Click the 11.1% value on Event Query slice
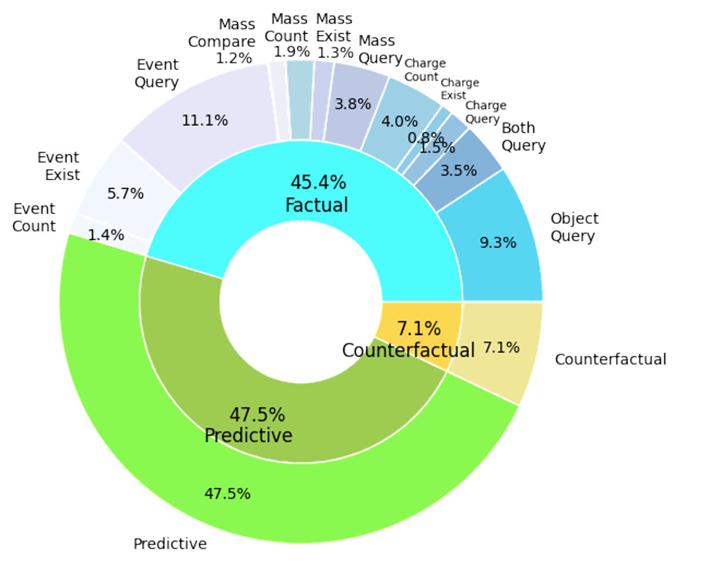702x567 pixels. coord(205,120)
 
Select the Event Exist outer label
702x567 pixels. coord(58,166)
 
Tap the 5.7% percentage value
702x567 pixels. coord(125,193)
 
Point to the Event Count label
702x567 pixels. coord(34,217)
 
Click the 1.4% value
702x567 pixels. coord(106,235)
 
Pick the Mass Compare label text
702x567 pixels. coord(222,33)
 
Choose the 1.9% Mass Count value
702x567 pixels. coord(292,52)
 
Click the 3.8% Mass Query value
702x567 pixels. coord(353,104)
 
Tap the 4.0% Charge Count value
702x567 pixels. coord(400,122)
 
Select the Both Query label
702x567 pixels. coord(523,136)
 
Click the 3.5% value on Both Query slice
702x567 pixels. coord(459,170)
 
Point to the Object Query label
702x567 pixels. coord(574,227)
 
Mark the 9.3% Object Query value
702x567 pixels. coord(498,242)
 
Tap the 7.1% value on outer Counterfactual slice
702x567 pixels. coord(502,347)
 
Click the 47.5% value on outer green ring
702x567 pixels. coord(228,494)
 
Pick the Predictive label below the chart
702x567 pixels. coord(170,543)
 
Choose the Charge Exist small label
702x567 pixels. coord(460,89)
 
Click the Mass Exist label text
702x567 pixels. coord(333,28)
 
